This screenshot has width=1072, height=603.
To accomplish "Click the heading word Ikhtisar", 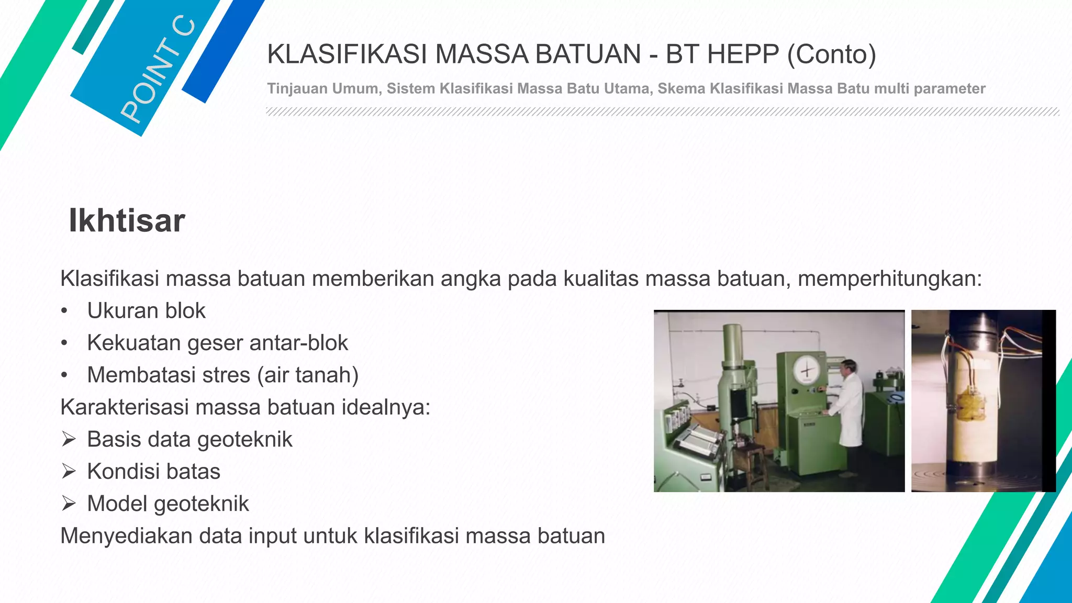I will click(127, 220).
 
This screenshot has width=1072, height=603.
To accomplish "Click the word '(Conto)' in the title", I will click(831, 54).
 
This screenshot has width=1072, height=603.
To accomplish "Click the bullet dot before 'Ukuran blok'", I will click(64, 311).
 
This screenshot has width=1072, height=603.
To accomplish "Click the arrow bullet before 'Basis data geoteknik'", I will click(69, 439).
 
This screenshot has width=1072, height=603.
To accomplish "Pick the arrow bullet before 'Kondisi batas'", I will click(69, 471).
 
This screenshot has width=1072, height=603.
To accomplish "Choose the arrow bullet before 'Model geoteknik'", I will click(69, 504).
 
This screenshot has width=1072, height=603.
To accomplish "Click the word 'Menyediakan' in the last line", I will click(124, 536).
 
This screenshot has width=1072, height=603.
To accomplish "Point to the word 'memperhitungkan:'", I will click(890, 278).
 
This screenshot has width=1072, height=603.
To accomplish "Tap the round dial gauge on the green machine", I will click(806, 371).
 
